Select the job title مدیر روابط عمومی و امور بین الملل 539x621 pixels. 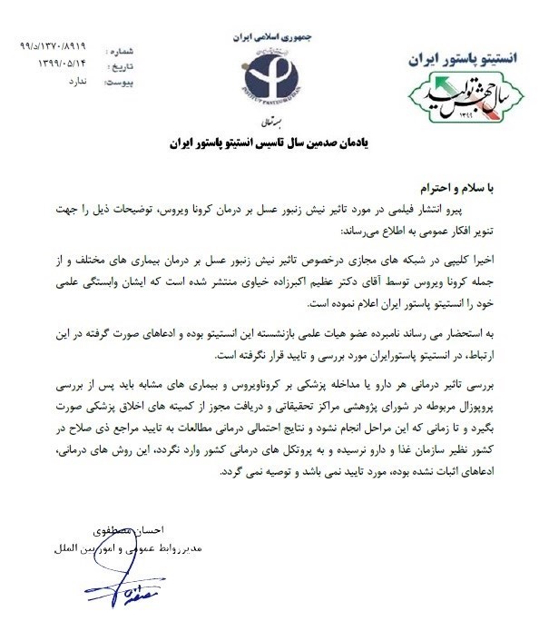pyautogui.click(x=105, y=547)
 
